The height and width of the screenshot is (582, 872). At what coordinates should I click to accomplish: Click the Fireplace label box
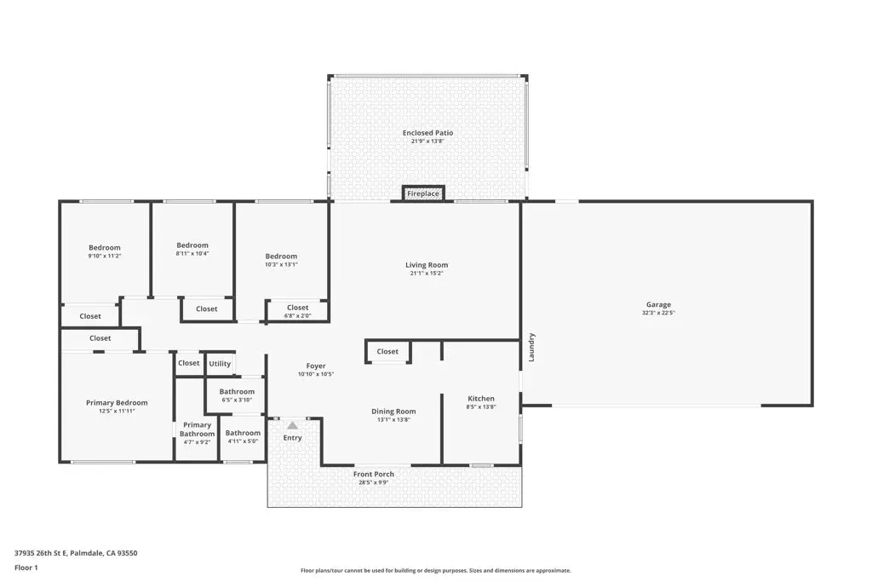422,193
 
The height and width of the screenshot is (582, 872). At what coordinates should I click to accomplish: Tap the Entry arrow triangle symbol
292,424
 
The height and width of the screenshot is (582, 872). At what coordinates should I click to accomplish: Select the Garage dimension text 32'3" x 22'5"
658,313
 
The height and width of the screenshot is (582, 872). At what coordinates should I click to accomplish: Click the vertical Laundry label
531,347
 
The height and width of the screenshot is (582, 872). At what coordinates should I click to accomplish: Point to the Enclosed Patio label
427,133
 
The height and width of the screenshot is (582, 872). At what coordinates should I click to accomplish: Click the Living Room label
426,265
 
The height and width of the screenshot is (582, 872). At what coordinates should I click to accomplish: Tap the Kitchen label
480,399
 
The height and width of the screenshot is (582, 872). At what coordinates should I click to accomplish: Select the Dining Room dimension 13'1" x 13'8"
393,419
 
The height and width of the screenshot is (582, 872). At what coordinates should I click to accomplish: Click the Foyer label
316,366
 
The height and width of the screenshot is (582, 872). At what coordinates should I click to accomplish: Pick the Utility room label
220,363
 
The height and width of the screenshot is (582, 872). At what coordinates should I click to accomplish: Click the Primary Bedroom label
117,403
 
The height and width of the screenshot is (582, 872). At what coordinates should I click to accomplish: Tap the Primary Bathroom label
197,429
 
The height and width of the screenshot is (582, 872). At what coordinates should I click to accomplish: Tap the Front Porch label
373,474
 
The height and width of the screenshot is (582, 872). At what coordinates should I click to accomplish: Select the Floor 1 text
26,567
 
